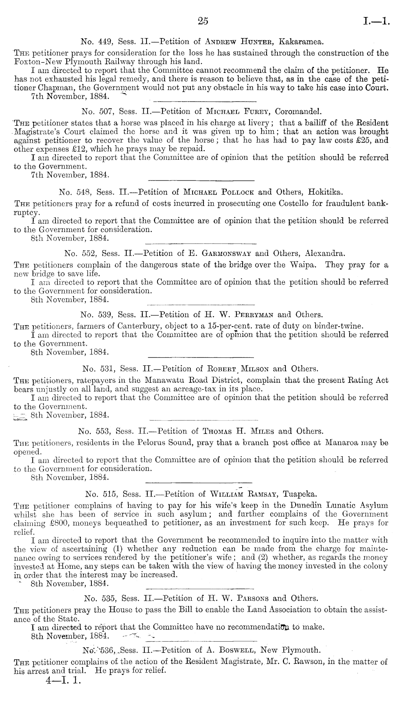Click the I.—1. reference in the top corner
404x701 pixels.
pyautogui.click(x=376, y=22)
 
